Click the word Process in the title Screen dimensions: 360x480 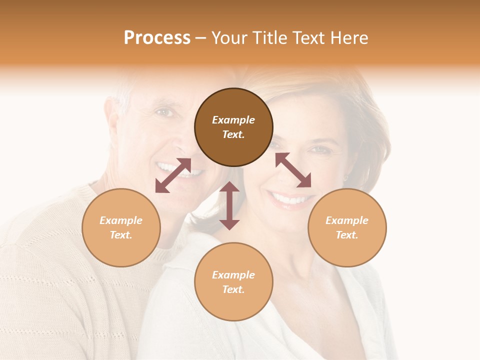tap(157, 38)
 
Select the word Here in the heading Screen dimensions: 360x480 tap(349, 38)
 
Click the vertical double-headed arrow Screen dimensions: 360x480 tap(229, 205)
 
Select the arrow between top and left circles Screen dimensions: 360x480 tap(173, 175)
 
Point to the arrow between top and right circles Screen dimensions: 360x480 tap(293, 170)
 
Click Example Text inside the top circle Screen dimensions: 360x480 tap(233, 127)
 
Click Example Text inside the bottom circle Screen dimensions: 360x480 tap(233, 282)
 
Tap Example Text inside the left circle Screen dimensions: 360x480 tap(121, 227)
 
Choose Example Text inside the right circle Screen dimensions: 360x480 tap(347, 227)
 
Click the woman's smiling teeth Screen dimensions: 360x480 tap(290, 200)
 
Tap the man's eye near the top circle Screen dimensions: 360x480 tap(164, 112)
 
